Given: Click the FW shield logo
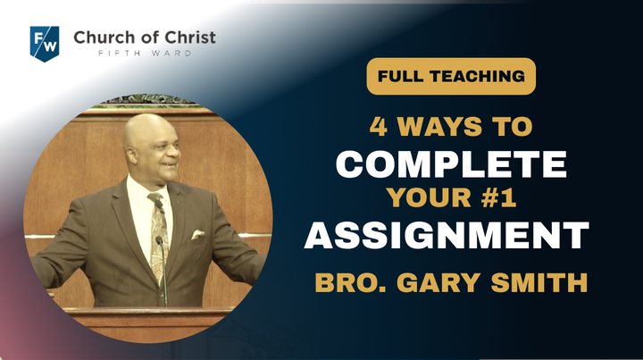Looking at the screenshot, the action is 45,44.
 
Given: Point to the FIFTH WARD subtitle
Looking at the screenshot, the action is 145,54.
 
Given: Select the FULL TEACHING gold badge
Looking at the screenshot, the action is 451,76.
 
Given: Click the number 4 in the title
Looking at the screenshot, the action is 378,126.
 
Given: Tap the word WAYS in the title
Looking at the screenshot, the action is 438,126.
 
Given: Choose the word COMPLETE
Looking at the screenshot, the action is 451,164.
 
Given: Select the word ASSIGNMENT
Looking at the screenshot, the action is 447,235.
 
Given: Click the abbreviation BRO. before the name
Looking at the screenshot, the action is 351,283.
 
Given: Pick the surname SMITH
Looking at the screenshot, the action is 539,283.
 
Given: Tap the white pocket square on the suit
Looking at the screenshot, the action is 197,234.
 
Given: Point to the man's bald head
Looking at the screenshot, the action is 150,127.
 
